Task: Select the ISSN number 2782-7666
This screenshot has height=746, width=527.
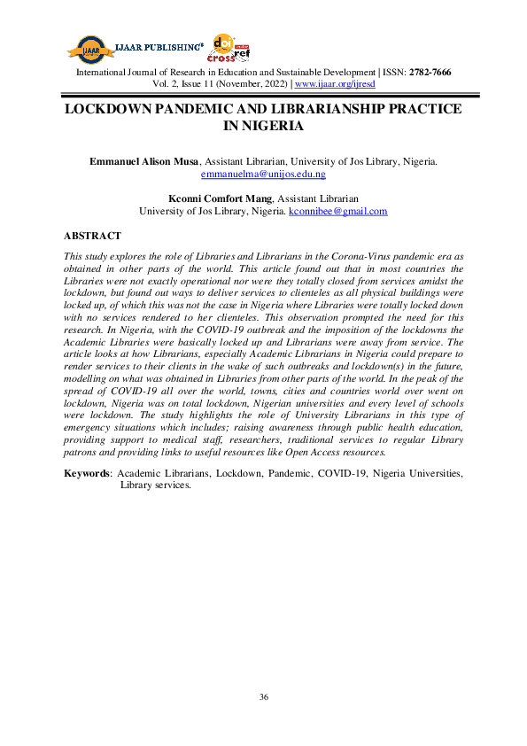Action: pos(429,73)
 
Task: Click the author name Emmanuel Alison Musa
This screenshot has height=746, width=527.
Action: pos(145,161)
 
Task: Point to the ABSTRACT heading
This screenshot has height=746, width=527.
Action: pos(93,237)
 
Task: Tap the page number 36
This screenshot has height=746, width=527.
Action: pos(264,698)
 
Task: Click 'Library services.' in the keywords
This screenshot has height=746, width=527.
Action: pos(155,486)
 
